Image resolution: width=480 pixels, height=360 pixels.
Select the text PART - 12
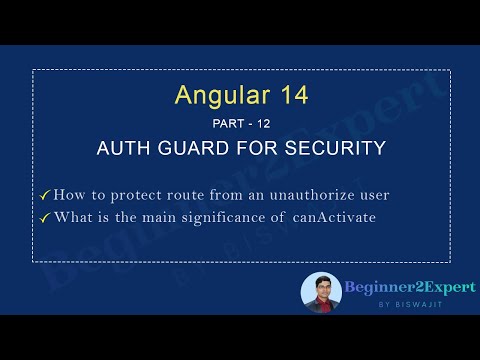click(240, 124)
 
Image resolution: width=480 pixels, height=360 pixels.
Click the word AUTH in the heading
click(125, 148)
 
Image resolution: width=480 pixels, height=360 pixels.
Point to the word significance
click(246, 217)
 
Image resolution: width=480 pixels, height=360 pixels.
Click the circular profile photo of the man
click(321, 291)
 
